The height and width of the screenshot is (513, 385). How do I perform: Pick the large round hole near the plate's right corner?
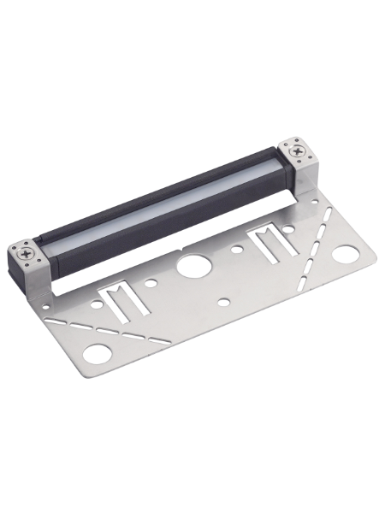(x=346, y=254)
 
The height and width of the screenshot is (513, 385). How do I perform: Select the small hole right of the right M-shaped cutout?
(x=288, y=228)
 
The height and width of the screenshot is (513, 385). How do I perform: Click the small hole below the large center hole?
(x=222, y=301)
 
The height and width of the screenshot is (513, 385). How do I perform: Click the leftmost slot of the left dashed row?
(x=62, y=317)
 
